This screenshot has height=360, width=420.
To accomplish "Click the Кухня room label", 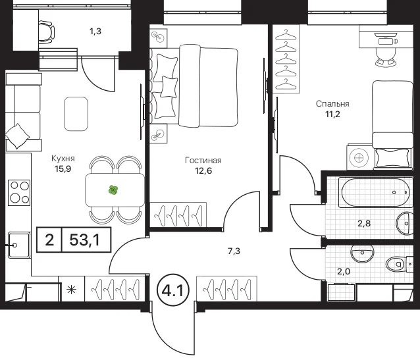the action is pyautogui.click(x=63, y=159).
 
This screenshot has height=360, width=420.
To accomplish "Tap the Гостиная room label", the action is pyautogui.click(x=203, y=160).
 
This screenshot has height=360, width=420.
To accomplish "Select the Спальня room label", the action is pyautogui.click(x=332, y=104).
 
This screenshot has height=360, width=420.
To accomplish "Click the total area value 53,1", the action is pyautogui.click(x=85, y=240).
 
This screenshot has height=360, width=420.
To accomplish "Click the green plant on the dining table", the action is pyautogui.click(x=113, y=190).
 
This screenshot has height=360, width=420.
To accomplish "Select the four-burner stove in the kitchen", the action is pyautogui.click(x=19, y=193).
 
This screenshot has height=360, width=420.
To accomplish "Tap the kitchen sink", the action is pyautogui.click(x=18, y=245).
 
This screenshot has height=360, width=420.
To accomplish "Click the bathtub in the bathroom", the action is pyautogui.click(x=374, y=192).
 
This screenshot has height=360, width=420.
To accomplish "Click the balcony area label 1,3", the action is pyautogui.click(x=95, y=32).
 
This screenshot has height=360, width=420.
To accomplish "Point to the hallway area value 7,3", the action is pyautogui.click(x=234, y=251).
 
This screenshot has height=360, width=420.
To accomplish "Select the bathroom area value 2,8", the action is pyautogui.click(x=364, y=223).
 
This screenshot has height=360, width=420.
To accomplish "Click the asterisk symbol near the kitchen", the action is pyautogui.click(x=72, y=290).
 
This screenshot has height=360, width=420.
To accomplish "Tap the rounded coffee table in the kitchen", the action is pyautogui.click(x=76, y=114).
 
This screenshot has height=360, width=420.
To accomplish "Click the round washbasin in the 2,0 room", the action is pyautogui.click(x=363, y=253).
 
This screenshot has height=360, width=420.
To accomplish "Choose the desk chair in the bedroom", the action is pyautogui.click(x=386, y=57).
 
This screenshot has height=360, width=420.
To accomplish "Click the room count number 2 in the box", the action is pyautogui.click(x=49, y=240).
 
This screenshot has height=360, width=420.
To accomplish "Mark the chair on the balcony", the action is pyautogui.click(x=47, y=32).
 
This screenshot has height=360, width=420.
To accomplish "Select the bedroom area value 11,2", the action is pyautogui.click(x=332, y=115).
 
